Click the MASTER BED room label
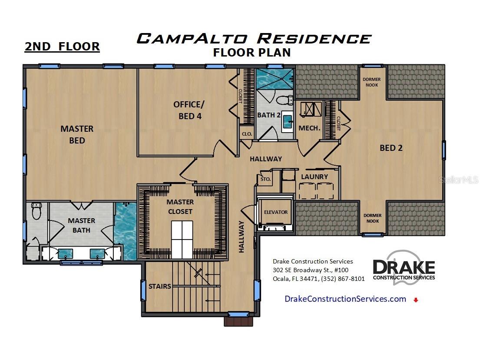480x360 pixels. pyautogui.click(x=77, y=134)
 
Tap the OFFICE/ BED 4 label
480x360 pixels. pyautogui.click(x=188, y=110)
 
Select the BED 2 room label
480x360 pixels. pyautogui.click(x=391, y=148)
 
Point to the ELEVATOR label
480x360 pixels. pyautogui.click(x=276, y=212)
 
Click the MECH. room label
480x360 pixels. pyautogui.click(x=309, y=128)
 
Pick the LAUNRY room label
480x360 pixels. pyautogui.click(x=314, y=177)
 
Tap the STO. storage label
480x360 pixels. pyautogui.click(x=265, y=179)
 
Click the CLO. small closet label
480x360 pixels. pyautogui.click(x=247, y=134)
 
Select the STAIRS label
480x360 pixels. pyautogui.click(x=160, y=286)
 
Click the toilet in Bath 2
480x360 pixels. pyautogui.click(x=285, y=100)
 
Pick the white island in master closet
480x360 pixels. pyautogui.click(x=182, y=240)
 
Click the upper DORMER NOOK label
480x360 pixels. pyautogui.click(x=372, y=82)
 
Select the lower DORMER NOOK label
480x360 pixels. pyautogui.click(x=372, y=218)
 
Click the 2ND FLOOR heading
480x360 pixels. pyautogui.click(x=62, y=47)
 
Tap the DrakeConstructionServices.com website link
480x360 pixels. pyautogui.click(x=345, y=299)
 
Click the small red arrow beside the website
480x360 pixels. pyautogui.click(x=416, y=300)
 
